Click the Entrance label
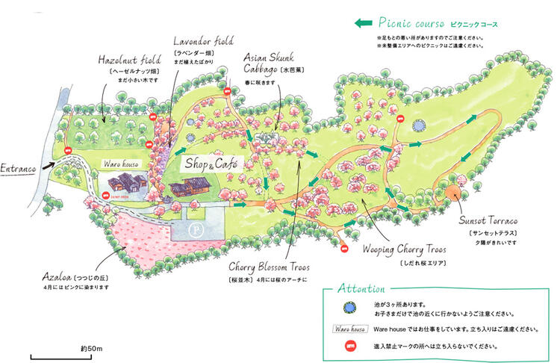pyautogui.click(x=19, y=168)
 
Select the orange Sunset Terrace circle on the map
pyautogui.click(x=452, y=192)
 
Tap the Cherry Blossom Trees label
pyautogui.click(x=269, y=267)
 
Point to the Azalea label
pyautogui.click(x=60, y=276)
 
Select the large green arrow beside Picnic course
pyautogui.click(x=364, y=23)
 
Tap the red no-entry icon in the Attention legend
pyautogui.click(x=346, y=346)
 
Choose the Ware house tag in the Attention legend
pyautogui.click(x=346, y=327)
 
